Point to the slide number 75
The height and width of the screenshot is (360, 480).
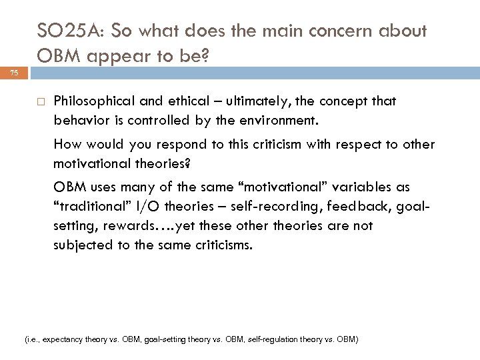pos(14,74)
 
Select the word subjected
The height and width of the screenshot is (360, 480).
pos(82,245)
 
